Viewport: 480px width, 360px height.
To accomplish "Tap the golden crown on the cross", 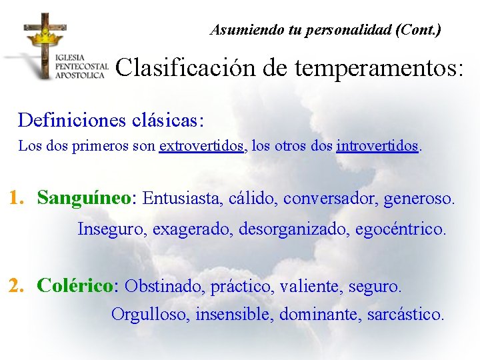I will point(45,35).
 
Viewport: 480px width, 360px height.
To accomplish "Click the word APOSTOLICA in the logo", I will point(81,75).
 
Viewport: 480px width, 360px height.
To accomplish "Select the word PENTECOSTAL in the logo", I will point(82,67).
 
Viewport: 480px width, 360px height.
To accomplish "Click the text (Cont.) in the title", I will point(417,30).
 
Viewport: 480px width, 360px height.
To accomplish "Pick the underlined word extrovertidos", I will point(202,145).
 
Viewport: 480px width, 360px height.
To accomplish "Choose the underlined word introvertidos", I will point(378,145).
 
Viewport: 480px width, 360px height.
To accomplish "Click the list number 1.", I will point(16,198).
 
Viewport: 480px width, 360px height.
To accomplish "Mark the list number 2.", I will point(17,286).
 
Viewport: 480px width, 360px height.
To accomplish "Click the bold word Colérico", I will point(76,286).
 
